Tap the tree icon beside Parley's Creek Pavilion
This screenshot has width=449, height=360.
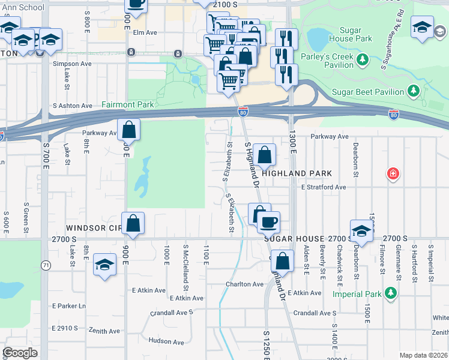coord(363,60)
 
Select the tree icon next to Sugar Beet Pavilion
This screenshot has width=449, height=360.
coord(413,91)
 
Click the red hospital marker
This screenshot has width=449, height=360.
coord(394,174)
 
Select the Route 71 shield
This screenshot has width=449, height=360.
coord(46,265)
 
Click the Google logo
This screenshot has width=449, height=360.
coord(20,352)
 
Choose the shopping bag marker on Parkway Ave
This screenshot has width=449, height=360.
coord(129,129)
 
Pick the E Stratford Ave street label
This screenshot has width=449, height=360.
coord(324,187)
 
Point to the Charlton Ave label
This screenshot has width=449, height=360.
coord(244,284)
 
